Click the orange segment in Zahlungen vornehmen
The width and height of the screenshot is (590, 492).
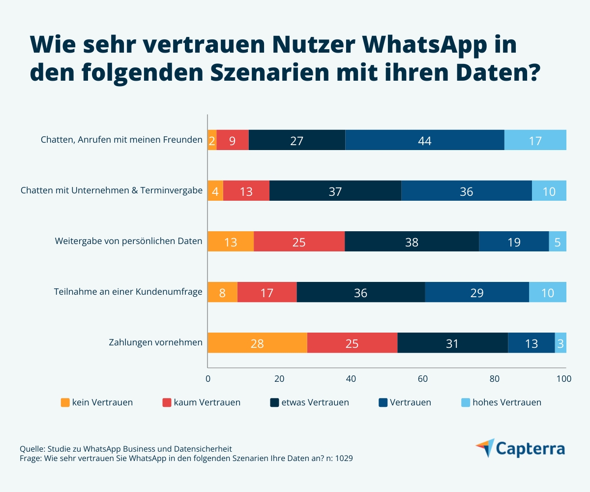click(257, 343)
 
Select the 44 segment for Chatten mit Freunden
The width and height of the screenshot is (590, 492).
click(425, 140)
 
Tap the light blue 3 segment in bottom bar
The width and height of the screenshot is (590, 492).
click(560, 343)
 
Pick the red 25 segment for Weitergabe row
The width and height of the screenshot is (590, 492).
click(299, 242)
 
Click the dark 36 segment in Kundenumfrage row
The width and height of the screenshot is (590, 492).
click(361, 292)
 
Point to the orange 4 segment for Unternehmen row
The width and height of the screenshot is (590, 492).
click(215, 191)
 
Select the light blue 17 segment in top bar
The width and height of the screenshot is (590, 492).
click(535, 140)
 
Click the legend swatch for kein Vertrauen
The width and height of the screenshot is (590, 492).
click(65, 402)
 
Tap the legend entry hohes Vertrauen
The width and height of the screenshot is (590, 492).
click(506, 402)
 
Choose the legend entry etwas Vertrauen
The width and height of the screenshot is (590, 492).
click(315, 402)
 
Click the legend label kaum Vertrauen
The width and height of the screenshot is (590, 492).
click(207, 402)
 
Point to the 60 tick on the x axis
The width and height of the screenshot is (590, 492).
click(422, 379)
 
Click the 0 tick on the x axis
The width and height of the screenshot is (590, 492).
click(207, 379)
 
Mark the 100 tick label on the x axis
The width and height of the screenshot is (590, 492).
click(563, 379)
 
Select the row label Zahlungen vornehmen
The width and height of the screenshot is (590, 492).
click(155, 342)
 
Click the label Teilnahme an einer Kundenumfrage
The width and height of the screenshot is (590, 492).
click(128, 292)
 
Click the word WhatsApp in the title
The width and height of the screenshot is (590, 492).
click(439, 46)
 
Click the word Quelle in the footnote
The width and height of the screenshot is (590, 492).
click(31, 449)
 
